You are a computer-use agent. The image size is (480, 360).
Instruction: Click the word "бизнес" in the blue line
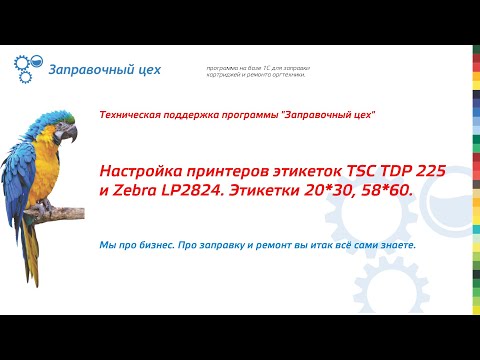click(150, 246)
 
